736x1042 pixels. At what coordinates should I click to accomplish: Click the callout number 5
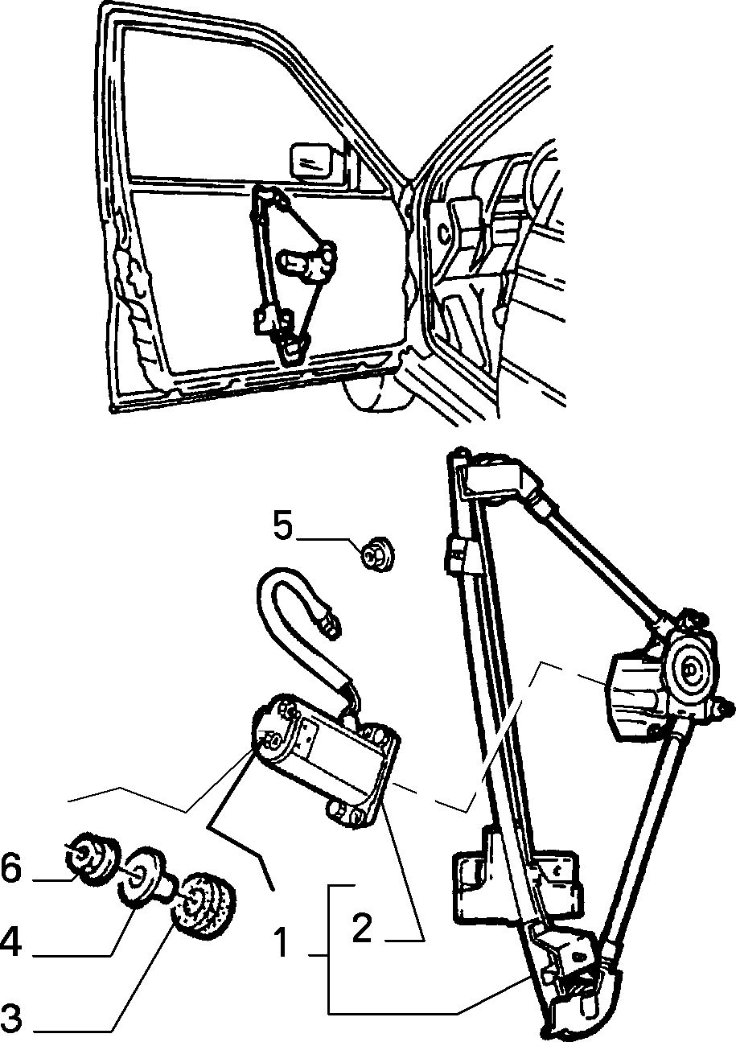point(283,526)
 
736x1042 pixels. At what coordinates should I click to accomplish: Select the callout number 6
point(10,867)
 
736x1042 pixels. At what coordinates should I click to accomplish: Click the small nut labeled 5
point(377,554)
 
